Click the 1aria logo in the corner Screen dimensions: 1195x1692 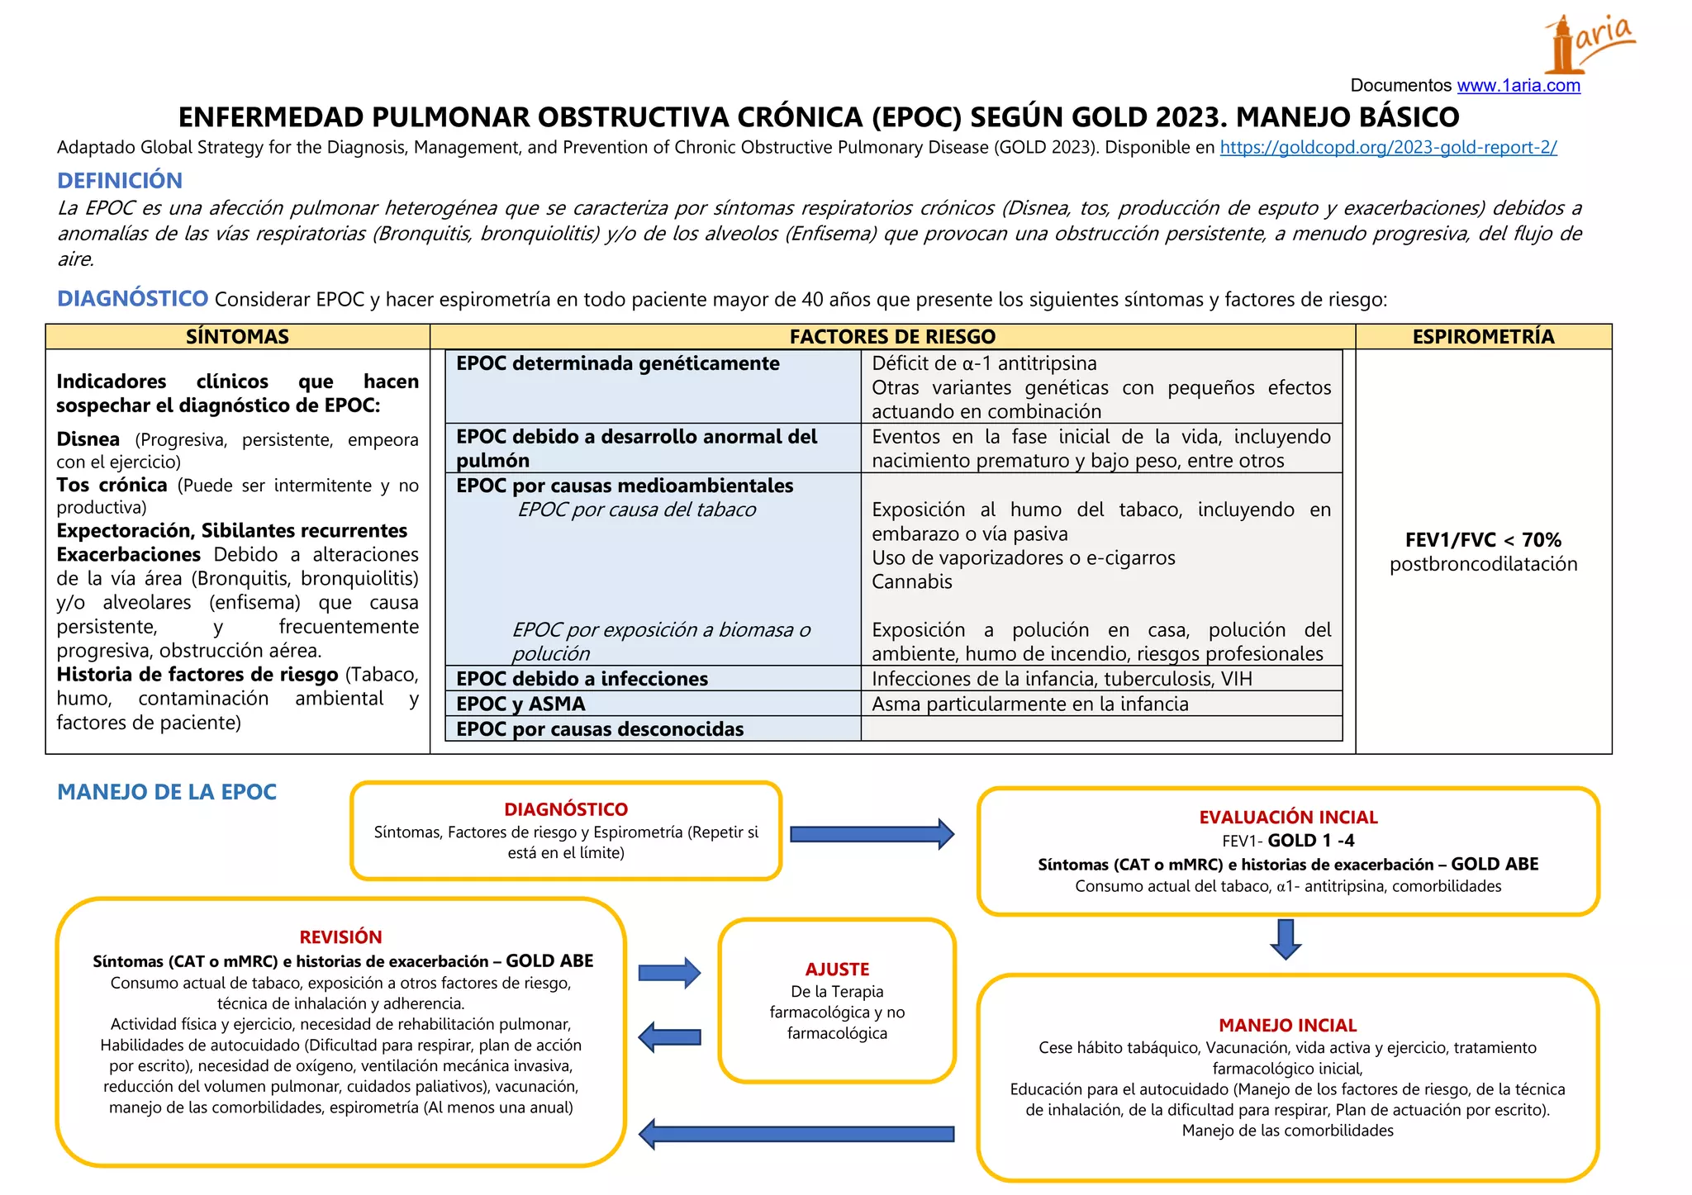(1588, 43)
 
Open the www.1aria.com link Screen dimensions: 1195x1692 (1518, 86)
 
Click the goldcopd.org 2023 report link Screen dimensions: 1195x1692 (1388, 148)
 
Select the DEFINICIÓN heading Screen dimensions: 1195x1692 (120, 180)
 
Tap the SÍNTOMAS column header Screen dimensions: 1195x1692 (237, 337)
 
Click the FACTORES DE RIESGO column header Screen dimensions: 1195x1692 (892, 337)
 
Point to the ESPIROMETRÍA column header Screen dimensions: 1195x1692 (1483, 337)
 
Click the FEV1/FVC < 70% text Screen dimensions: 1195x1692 (1483, 540)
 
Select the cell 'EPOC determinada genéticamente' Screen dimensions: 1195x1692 (618, 364)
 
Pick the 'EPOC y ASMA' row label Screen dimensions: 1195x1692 (521, 704)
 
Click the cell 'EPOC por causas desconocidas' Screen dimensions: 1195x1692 (600, 729)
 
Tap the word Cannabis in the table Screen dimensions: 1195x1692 (912, 582)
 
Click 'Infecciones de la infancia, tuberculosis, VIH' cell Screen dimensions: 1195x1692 (1062, 680)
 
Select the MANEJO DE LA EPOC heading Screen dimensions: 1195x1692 (167, 792)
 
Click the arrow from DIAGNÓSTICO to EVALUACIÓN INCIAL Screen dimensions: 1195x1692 (872, 834)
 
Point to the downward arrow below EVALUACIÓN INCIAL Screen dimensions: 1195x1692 (1286, 939)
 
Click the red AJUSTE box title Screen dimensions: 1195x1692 (837, 970)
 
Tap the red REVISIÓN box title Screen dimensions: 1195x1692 (340, 937)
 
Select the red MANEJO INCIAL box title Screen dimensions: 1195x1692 (1287, 1026)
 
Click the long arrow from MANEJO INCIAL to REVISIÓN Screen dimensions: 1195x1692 (796, 1134)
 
